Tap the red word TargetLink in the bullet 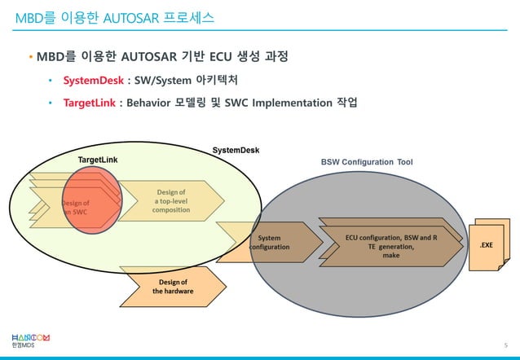[x=91, y=104]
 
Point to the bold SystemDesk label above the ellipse [x=236, y=151]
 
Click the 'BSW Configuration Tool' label [x=366, y=163]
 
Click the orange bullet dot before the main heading [x=30, y=59]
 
